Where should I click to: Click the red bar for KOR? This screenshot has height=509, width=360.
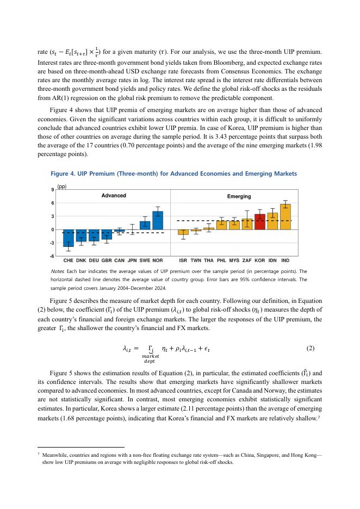(260, 222)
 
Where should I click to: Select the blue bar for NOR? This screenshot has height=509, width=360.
(158, 220)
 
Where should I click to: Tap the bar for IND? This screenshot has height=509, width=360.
(285, 216)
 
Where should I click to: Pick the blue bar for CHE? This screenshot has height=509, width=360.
(69, 238)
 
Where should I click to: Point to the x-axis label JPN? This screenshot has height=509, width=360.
(132, 260)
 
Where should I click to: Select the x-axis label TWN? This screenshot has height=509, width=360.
(196, 260)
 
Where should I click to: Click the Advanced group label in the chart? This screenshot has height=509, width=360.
(114, 195)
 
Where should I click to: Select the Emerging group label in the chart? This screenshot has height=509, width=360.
(239, 196)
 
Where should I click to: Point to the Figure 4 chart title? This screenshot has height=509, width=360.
(174, 173)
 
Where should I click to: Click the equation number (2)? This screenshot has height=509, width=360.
(311, 347)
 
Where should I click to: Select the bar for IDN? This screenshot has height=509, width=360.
(272, 221)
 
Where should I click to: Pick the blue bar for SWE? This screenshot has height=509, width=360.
(145, 225)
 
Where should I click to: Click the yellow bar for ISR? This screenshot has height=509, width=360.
(183, 232)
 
